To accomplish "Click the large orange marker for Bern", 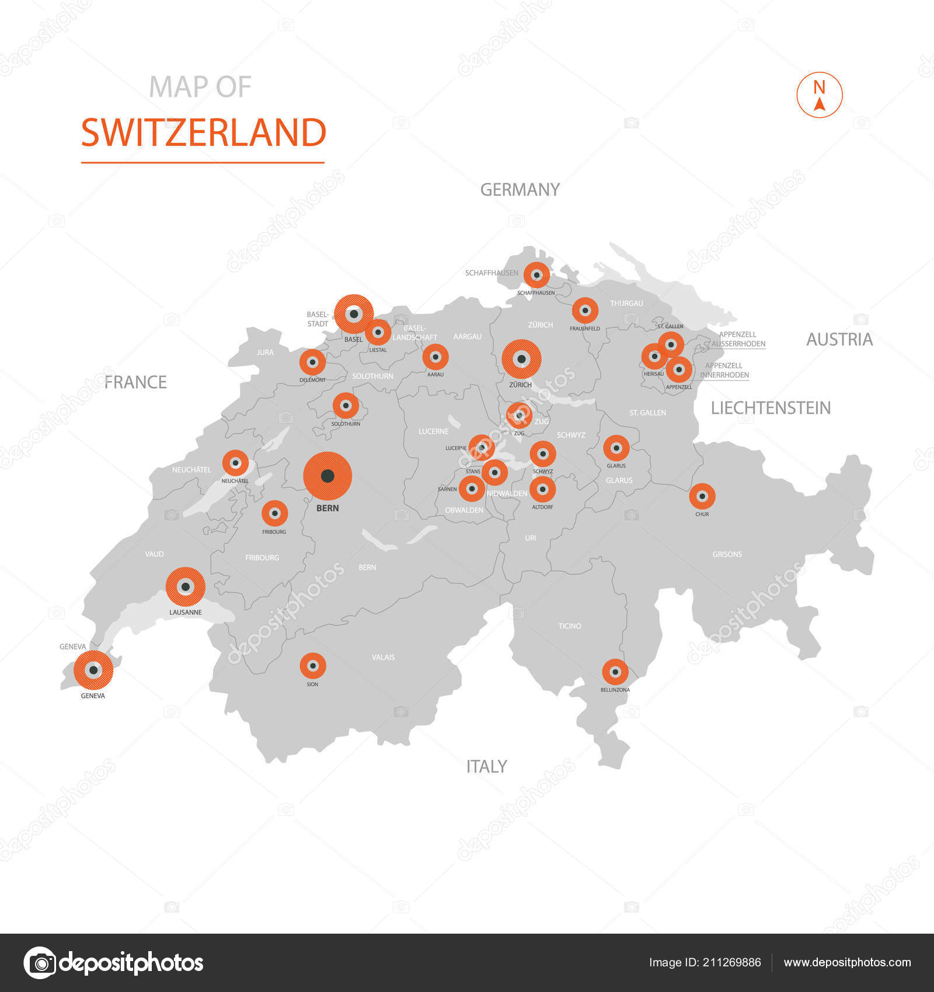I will [x=327, y=476].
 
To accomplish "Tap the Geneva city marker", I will [x=93, y=670].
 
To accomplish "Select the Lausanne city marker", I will [x=186, y=587].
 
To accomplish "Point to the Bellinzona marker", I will [x=615, y=672].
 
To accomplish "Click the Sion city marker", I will [x=313, y=666].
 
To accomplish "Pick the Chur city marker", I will [x=702, y=497].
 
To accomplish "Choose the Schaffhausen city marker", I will [x=536, y=275].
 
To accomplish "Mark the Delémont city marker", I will [x=312, y=362].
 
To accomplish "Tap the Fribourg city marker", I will [x=274, y=514].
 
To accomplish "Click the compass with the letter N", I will [x=820, y=95].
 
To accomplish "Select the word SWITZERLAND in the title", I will [x=203, y=133].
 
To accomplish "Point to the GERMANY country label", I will [x=520, y=190].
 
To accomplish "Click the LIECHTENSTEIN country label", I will [x=771, y=408].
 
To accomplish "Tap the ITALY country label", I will [x=486, y=766].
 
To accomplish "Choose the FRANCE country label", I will [x=135, y=382].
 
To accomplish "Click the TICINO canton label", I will [x=570, y=626].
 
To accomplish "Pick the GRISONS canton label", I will [x=727, y=554].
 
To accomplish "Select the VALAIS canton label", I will [x=383, y=658].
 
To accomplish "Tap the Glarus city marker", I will [x=616, y=448].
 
